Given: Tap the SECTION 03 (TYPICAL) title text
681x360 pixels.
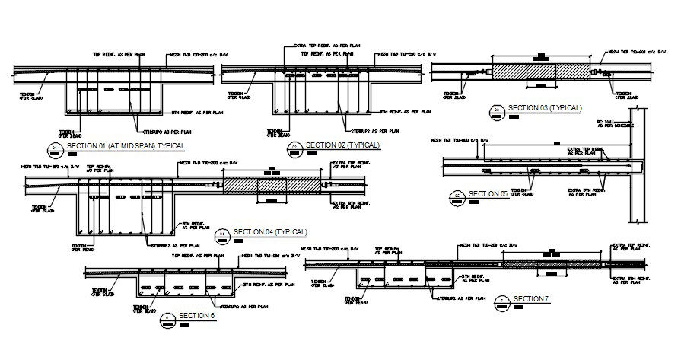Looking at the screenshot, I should (544, 108).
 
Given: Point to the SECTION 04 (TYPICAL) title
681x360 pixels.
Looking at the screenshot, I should (269, 231).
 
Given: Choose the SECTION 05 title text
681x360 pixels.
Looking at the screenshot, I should (488, 194).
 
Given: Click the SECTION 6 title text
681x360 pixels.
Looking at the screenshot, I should (197, 316).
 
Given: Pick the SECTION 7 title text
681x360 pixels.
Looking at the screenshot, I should (531, 298).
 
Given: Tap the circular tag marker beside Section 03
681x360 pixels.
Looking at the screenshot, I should (496, 110).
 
